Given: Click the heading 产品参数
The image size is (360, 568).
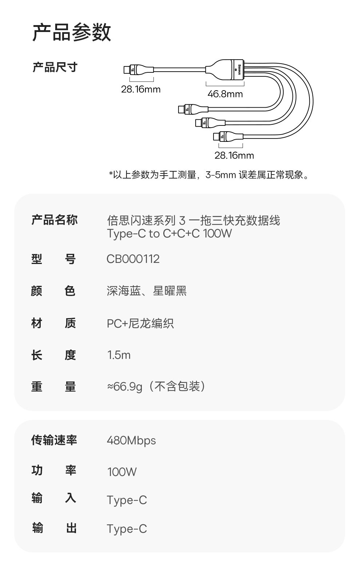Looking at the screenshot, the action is click(72, 32).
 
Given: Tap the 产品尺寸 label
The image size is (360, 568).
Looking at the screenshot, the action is click(55, 67).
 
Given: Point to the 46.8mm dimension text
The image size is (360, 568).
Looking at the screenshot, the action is click(225, 94).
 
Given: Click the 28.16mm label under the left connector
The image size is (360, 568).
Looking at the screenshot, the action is click(141, 89).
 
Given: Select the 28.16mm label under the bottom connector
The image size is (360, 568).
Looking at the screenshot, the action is click(234, 156).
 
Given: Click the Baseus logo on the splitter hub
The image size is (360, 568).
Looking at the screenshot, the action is click(239, 68).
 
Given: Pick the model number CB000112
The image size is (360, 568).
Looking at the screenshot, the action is click(133, 259).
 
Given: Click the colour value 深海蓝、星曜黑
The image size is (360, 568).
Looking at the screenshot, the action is click(147, 291).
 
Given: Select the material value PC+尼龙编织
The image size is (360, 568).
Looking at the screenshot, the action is click(140, 323).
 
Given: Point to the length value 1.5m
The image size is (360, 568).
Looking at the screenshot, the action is click(119, 355).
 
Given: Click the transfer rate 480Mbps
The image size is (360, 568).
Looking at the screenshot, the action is click(131, 440).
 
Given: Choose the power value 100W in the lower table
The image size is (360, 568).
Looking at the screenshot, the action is click(122, 472).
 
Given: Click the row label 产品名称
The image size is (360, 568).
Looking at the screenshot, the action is click(55, 220).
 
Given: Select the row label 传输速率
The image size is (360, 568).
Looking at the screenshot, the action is click(54, 440).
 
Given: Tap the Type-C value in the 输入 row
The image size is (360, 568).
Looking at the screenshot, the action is click(127, 500).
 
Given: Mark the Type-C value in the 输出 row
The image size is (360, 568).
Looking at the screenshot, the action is click(127, 529).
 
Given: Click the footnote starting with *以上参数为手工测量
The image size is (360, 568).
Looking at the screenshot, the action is click(209, 175).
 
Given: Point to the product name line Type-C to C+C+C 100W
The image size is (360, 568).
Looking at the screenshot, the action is click(169, 233).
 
